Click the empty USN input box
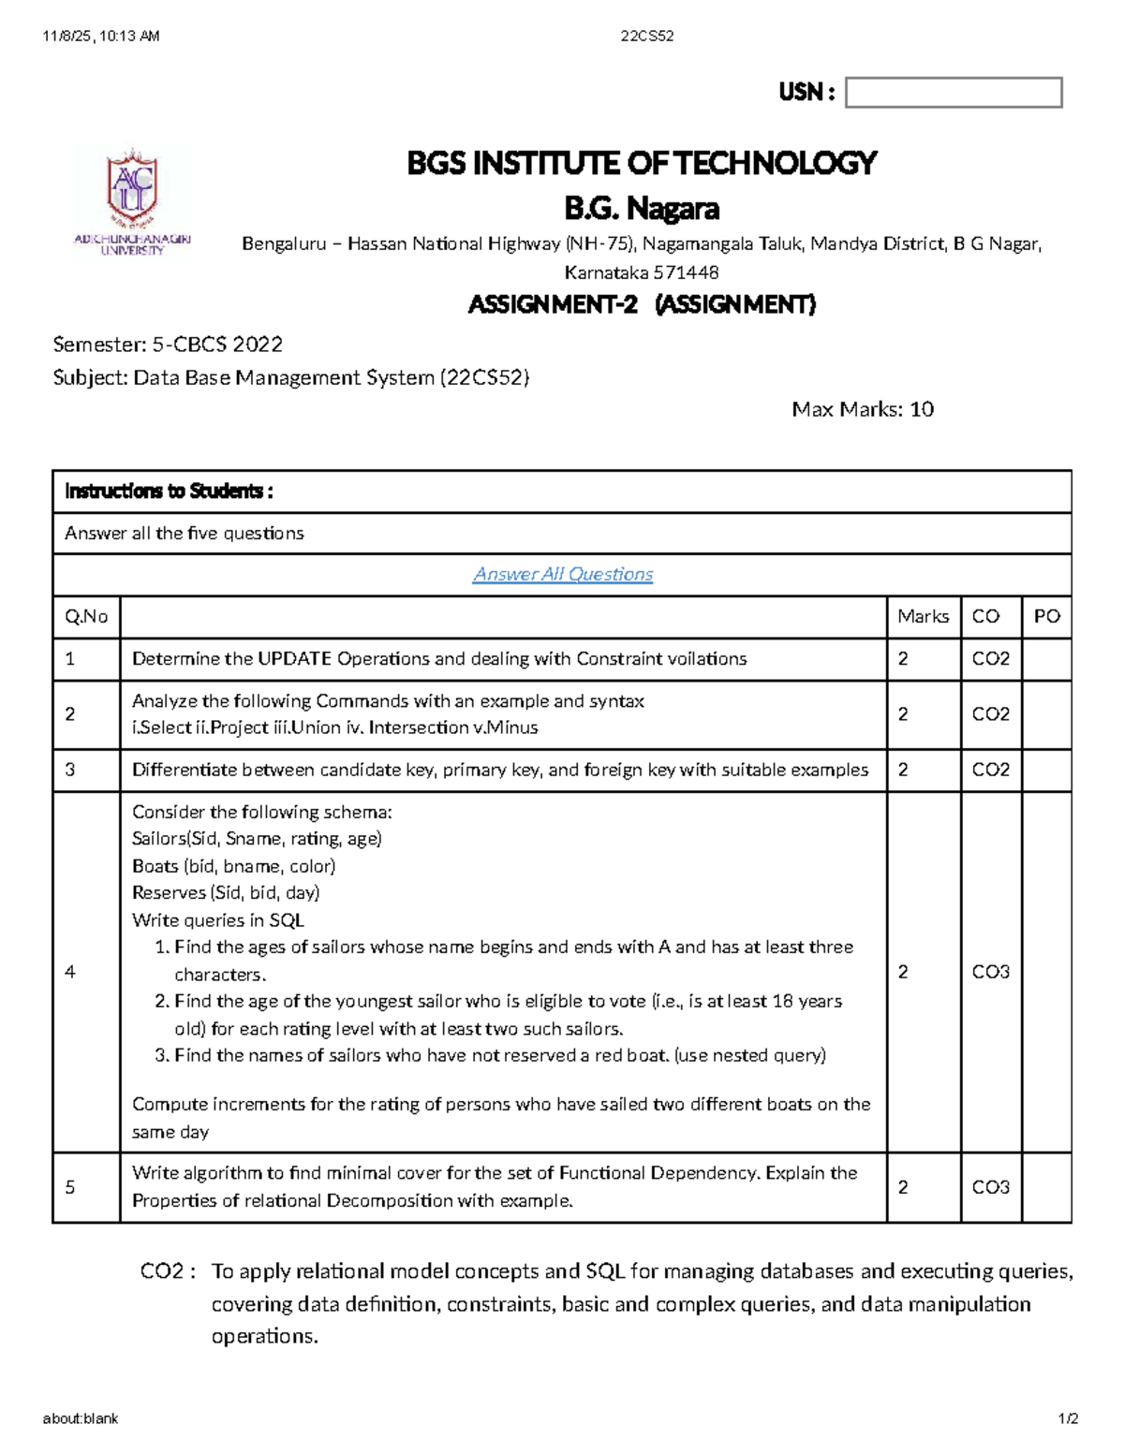coord(954,93)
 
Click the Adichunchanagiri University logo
coord(132,200)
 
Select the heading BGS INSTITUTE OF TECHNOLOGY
coord(642,163)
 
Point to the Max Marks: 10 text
coord(862,409)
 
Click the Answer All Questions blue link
coord(563,574)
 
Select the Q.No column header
coord(86,616)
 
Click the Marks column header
coord(923,616)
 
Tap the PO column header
coord(1046,616)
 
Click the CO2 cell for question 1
coord(990,658)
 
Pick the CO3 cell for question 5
coord(990,1187)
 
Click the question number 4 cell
coord(70,972)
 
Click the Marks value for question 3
coord(903,770)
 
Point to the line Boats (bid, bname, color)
coord(233,866)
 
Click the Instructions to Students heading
coord(169,492)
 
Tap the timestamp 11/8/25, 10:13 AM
coord(101,37)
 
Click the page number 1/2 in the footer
coord(1068,1418)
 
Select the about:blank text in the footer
coord(81,1418)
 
